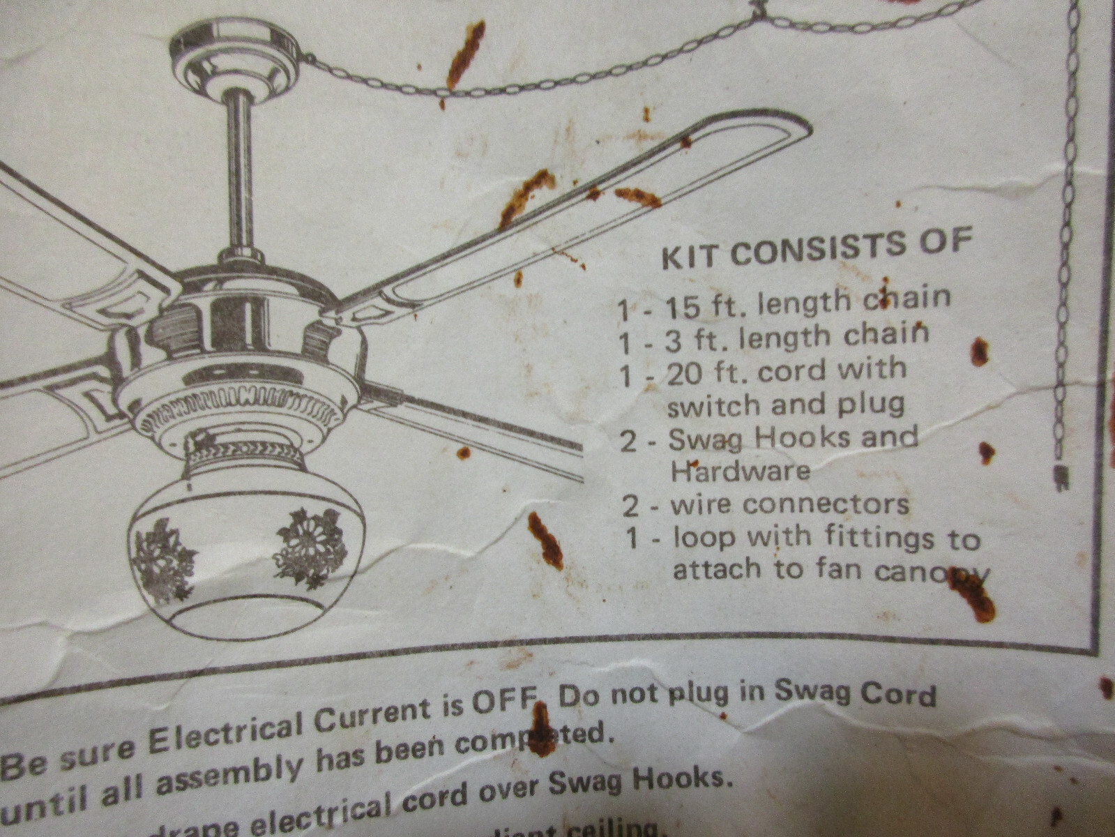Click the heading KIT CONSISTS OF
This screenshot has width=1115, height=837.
(816, 248)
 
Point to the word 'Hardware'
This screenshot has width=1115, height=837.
(740, 471)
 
